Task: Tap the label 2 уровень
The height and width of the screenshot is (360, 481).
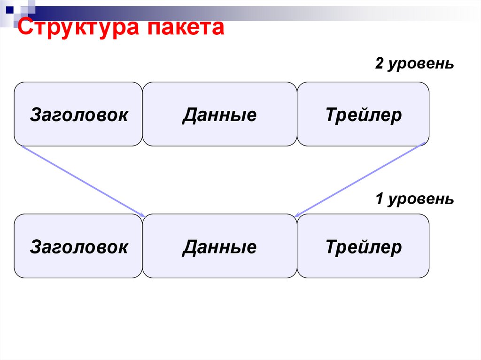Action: coord(414,64)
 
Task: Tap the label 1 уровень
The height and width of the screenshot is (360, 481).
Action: coord(414,199)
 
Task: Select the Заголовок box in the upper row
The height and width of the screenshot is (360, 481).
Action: coord(78,114)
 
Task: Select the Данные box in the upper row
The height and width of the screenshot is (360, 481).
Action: coord(219,114)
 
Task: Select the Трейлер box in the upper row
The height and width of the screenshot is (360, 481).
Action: coord(363,114)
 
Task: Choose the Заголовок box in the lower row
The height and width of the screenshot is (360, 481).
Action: coord(78,246)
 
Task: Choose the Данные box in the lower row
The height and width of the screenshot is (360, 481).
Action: coord(219,246)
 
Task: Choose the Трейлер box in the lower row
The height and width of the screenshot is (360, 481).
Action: coord(363,246)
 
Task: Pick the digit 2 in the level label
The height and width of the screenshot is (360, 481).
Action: coord(379,64)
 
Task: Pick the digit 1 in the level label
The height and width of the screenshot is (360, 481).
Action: coord(379,199)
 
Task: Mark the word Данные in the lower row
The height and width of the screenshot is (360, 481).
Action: coord(219,246)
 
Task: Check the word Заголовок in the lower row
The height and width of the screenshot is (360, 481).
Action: coord(78,246)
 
